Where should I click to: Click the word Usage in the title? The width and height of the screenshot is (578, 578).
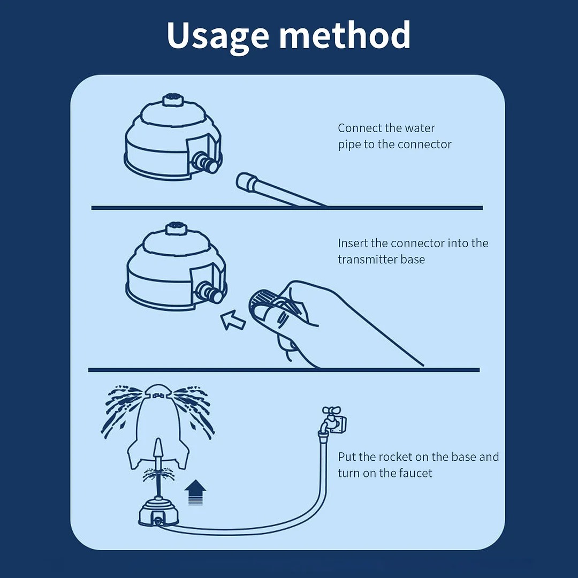[218, 35]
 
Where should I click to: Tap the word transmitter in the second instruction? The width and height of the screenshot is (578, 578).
[367, 260]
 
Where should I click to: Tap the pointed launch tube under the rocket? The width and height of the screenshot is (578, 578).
[158, 452]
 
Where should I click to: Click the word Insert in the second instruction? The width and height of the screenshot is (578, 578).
[352, 244]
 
